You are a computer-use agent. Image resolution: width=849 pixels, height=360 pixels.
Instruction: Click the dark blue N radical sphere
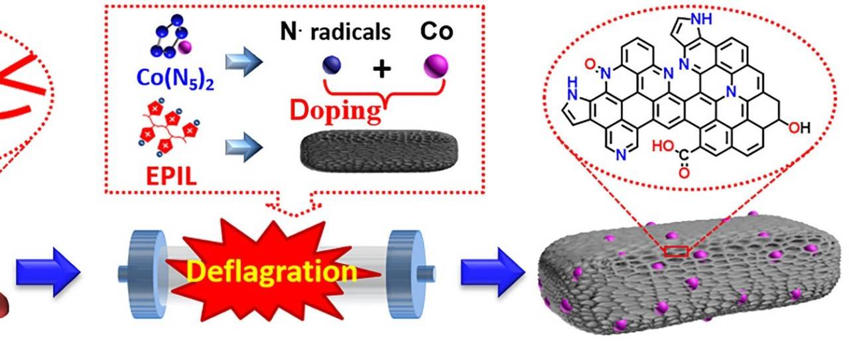pyautogui.click(x=332, y=65)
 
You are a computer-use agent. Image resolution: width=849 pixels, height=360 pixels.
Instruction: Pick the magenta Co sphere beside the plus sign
pyautogui.click(x=436, y=66)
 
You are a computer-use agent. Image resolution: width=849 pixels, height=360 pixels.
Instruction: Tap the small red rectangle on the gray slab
pyautogui.click(x=677, y=251)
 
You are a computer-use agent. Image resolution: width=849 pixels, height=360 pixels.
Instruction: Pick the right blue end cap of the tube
pyautogui.click(x=405, y=271)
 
